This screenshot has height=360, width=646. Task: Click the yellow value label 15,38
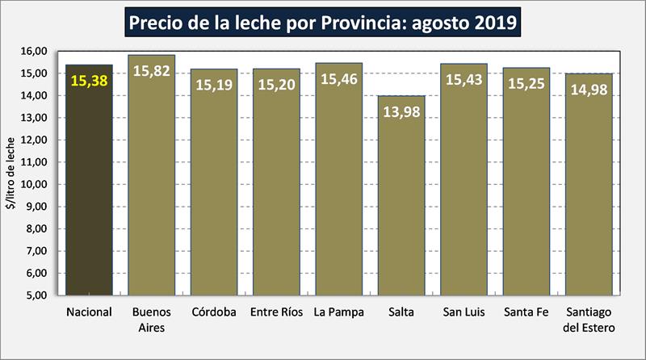89,81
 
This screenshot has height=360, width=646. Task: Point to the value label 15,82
151,70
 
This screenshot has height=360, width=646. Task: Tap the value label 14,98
588,89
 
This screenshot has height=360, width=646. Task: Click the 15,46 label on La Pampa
338,80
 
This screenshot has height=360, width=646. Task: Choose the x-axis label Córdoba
214,312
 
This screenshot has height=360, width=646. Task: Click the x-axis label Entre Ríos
276,312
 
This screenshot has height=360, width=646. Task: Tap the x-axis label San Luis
464,312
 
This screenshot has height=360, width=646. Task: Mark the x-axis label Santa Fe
526,312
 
